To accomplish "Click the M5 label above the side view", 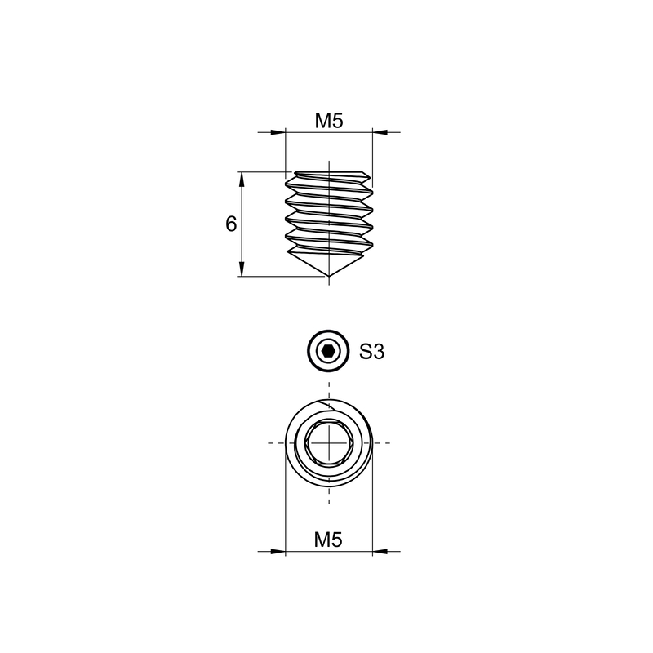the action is click(329, 121).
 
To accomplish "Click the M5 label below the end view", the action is click(328, 540).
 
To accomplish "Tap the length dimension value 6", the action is click(231, 224).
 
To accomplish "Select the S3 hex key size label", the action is click(372, 352).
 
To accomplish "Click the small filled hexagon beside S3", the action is click(329, 352).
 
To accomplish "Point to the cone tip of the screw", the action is click(329, 275).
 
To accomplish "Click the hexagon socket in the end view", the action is click(329, 442).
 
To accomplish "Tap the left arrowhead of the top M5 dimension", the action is click(278, 132).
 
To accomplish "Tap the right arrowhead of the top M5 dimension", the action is click(380, 132).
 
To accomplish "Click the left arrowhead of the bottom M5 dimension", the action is click(278, 552).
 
